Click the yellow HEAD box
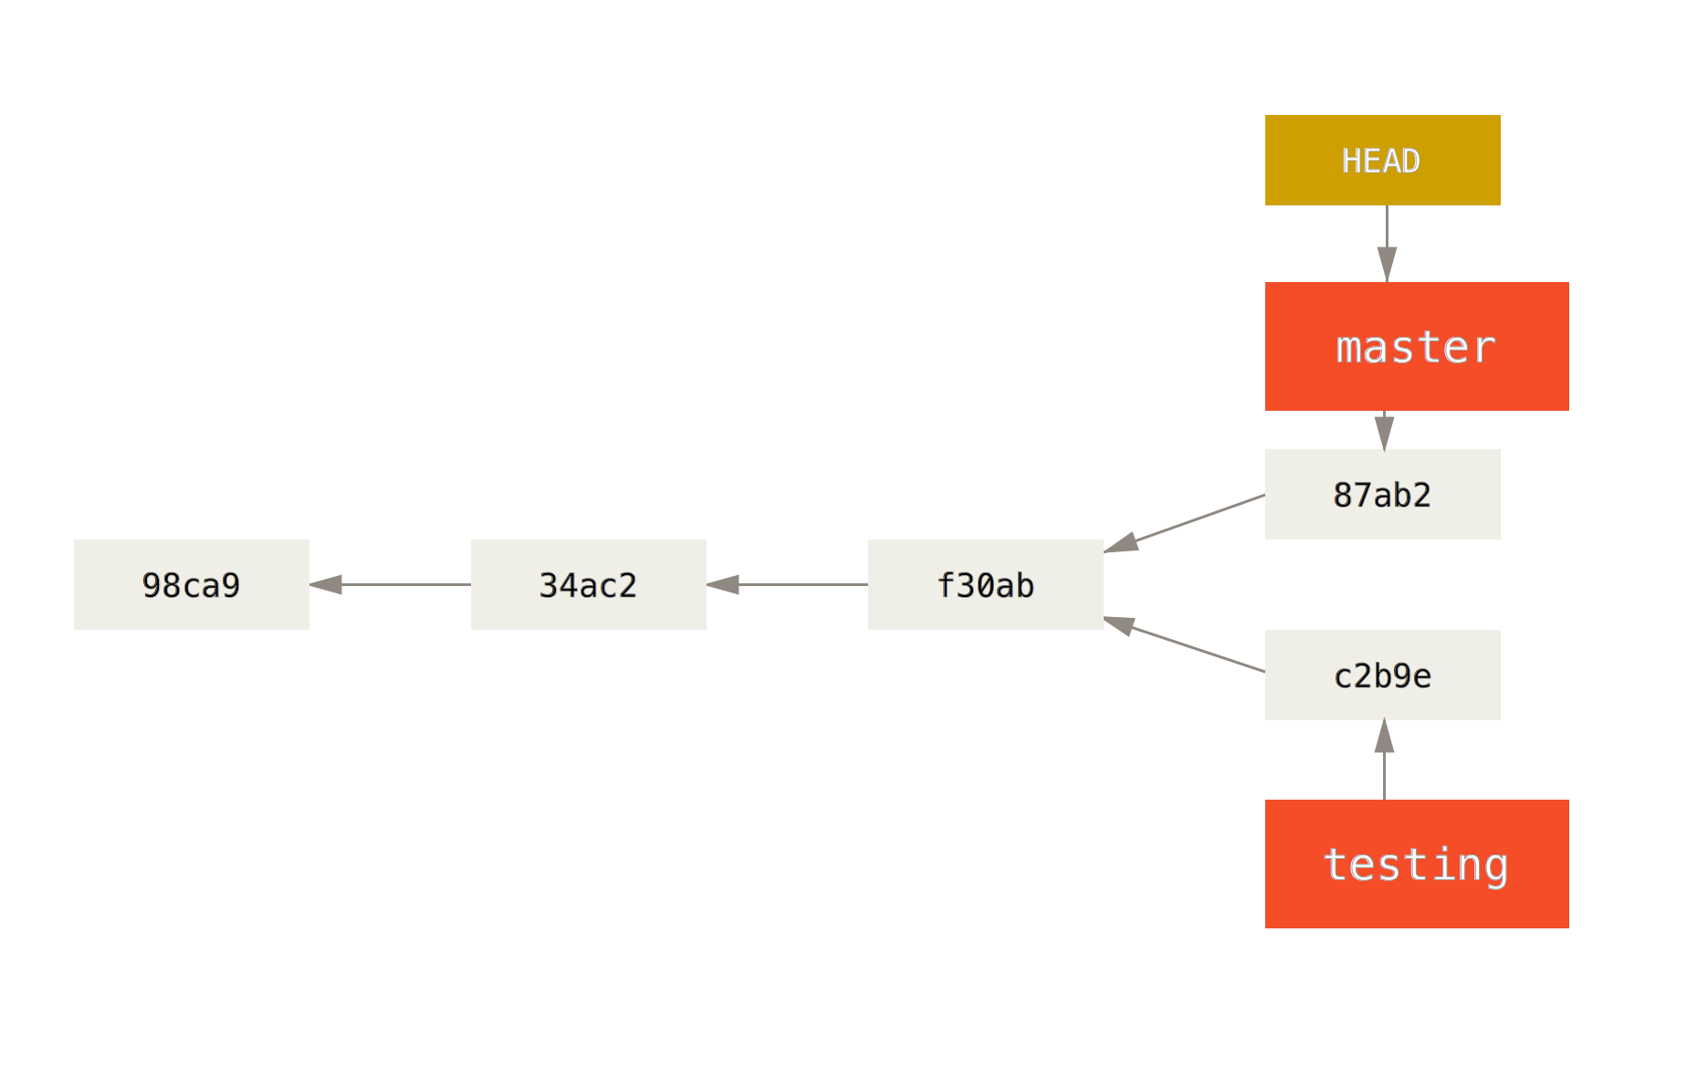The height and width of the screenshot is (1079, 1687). pyautogui.click(x=1382, y=160)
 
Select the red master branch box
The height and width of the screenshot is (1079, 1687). pyautogui.click(x=1416, y=346)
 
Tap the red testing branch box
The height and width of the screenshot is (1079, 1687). pyautogui.click(x=1416, y=864)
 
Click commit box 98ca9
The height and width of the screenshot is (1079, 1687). pyautogui.click(x=191, y=584)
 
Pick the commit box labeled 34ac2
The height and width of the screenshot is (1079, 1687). pyautogui.click(x=588, y=584)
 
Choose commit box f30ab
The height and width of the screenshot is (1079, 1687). pyautogui.click(x=985, y=584)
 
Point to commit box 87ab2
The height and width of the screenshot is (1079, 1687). pyautogui.click(x=1382, y=494)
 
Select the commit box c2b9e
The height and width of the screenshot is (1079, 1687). pyautogui.click(x=1382, y=675)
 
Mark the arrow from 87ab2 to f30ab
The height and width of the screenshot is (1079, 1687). pyautogui.click(x=1187, y=523)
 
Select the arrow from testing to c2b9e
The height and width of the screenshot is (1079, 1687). pyautogui.click(x=1385, y=767)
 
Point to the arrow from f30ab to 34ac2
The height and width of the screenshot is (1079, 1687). pyautogui.click(x=794, y=584)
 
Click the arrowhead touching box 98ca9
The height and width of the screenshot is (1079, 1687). pyautogui.click(x=327, y=584)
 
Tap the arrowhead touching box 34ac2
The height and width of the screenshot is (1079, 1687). pyautogui.click(x=723, y=584)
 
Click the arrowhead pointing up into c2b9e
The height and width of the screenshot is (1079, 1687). pyautogui.click(x=1385, y=737)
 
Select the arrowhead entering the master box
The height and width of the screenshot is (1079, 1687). pyautogui.click(x=1387, y=264)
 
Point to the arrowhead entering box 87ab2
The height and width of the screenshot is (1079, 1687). pyautogui.click(x=1385, y=433)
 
